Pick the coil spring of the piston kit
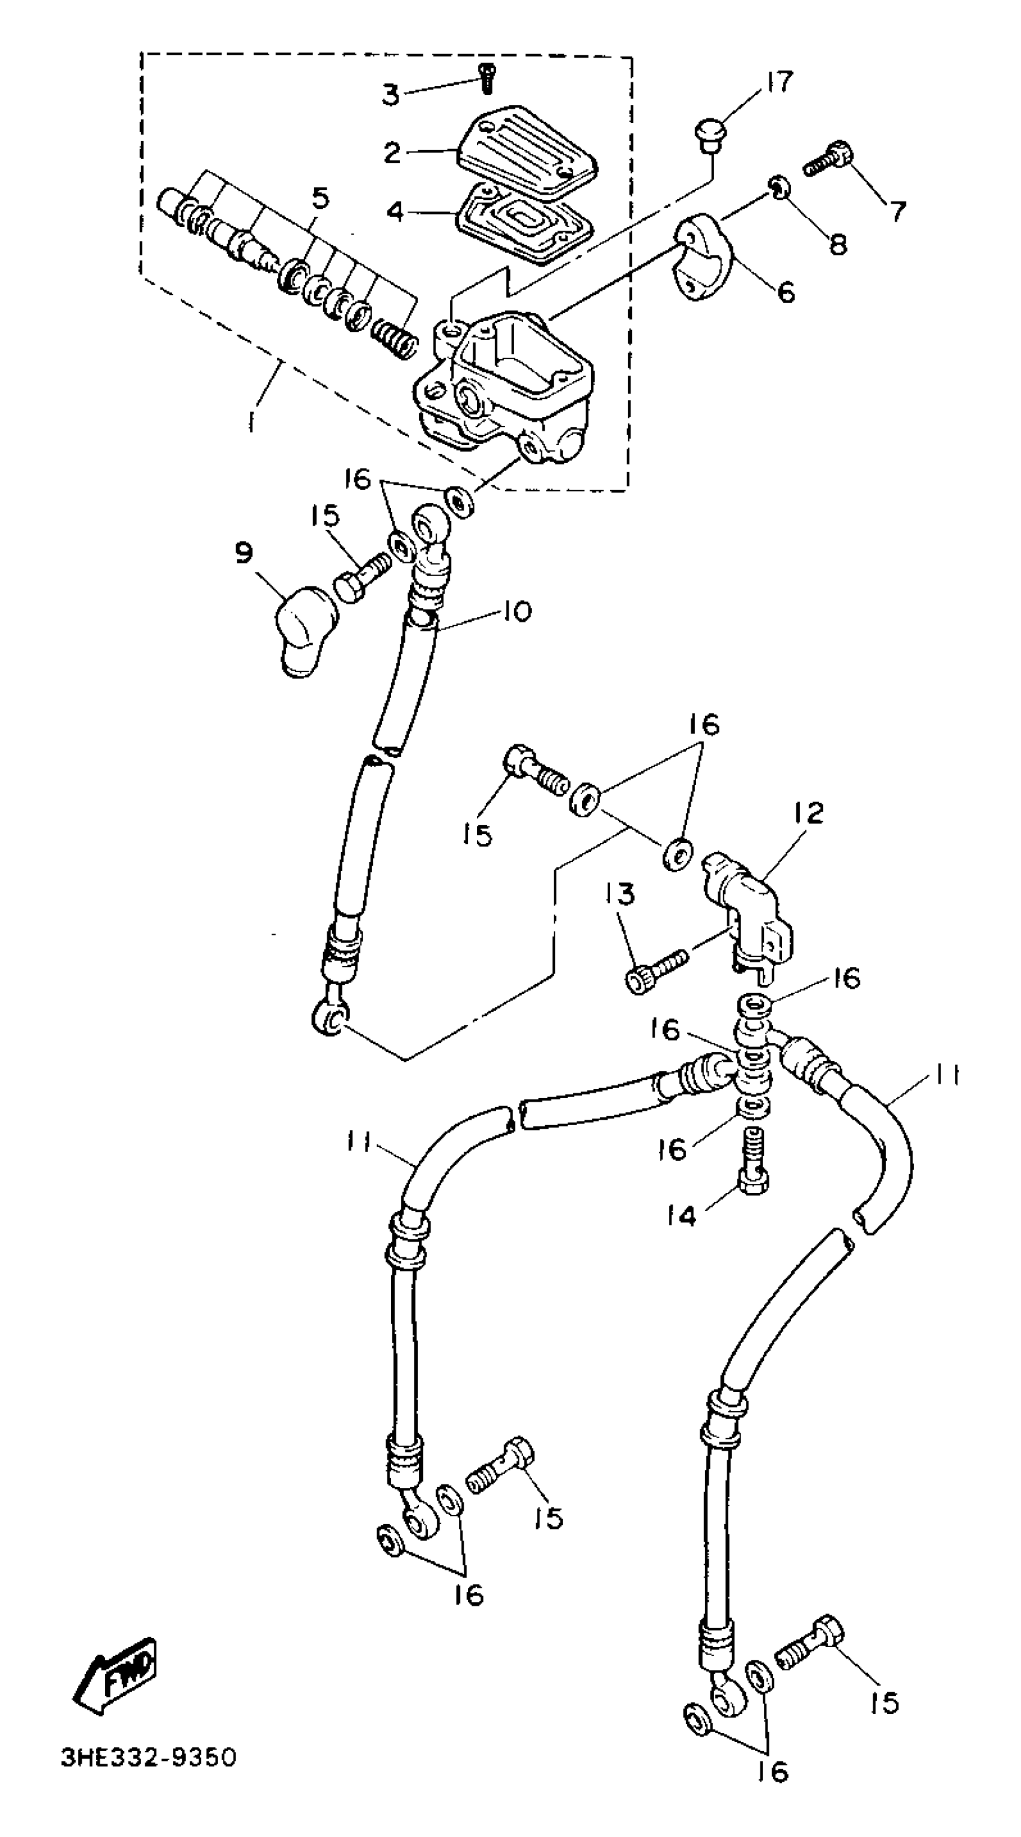(x=393, y=338)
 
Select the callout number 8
(x=838, y=244)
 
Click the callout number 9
(x=244, y=553)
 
